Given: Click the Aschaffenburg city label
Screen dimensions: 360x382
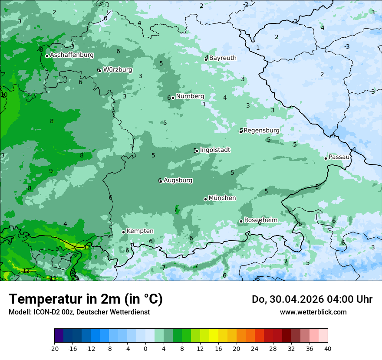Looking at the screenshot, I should [x=72, y=55].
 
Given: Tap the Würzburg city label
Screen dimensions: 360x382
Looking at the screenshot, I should [x=118, y=70].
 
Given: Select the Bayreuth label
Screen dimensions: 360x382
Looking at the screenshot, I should [x=223, y=58].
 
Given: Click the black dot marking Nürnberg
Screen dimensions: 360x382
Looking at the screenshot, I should [x=173, y=98].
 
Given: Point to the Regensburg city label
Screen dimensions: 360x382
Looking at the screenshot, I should [x=261, y=130].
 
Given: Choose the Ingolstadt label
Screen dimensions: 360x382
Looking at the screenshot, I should [x=215, y=150].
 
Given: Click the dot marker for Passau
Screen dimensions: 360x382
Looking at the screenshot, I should [x=326, y=158].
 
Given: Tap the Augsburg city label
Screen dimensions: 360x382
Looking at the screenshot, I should [x=178, y=180].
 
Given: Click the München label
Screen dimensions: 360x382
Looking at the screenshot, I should [x=222, y=198].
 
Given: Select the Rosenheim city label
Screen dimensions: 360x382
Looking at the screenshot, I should [x=260, y=220].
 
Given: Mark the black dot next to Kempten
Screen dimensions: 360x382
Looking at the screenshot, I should [x=123, y=232].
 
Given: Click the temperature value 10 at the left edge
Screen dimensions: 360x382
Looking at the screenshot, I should [x=4, y=95].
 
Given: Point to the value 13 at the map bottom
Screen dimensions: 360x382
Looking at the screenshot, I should [x=53, y=278].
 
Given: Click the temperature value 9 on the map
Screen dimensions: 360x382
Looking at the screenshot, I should [x=51, y=171].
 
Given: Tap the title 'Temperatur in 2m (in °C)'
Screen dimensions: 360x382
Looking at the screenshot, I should [x=86, y=299].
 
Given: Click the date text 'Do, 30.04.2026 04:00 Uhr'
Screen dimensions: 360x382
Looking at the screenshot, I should [x=312, y=299].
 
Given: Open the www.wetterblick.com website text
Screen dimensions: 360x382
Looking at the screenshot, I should [x=313, y=312].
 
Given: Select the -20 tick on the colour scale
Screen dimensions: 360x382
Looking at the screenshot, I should [x=54, y=348].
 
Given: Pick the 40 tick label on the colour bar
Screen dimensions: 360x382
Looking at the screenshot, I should [x=327, y=348].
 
